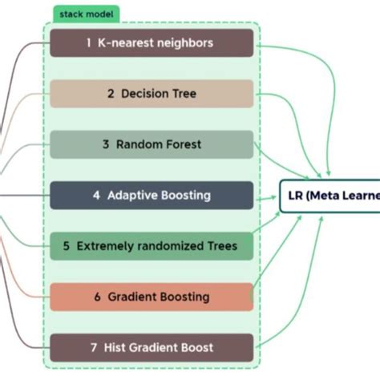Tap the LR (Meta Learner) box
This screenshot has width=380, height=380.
pyautogui.click(x=329, y=196)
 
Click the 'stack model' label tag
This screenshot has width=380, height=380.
pyautogui.click(x=87, y=14)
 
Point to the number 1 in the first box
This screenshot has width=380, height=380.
pyautogui.click(x=88, y=43)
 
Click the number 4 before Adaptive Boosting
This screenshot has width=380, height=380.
pyautogui.click(x=95, y=195)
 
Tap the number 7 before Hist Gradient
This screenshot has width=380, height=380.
pyautogui.click(x=94, y=347)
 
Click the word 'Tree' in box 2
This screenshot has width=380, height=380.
pyautogui.click(x=181, y=94)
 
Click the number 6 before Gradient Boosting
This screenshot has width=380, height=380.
pyautogui.click(x=97, y=297)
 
